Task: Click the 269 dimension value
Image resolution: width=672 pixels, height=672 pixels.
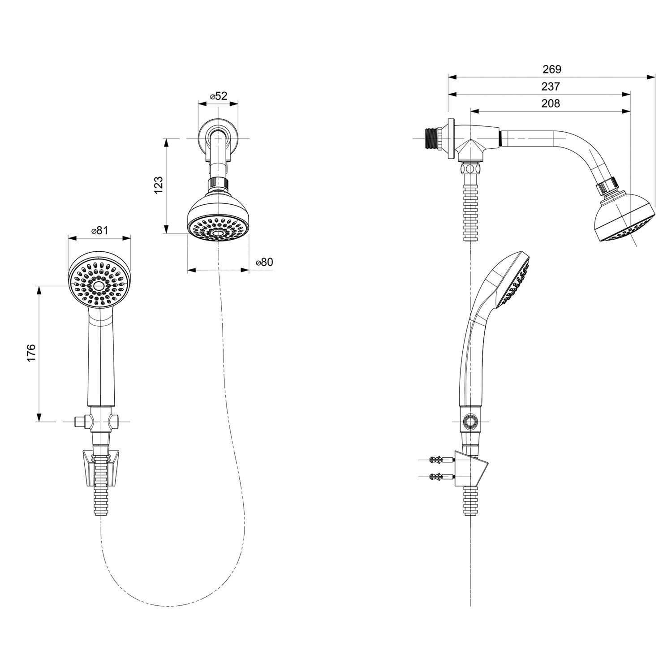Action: (x=551, y=69)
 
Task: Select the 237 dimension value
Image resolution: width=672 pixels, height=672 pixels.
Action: (x=551, y=86)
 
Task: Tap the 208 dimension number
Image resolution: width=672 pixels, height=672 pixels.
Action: (x=551, y=103)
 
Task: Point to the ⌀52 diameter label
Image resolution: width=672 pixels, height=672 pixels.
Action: (x=218, y=96)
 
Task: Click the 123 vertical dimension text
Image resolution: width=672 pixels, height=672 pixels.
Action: (x=159, y=185)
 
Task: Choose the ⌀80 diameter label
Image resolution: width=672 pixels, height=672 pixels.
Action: (x=264, y=262)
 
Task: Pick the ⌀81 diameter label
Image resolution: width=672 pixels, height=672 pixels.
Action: (x=99, y=230)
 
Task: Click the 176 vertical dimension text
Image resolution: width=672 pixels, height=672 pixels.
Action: (x=31, y=353)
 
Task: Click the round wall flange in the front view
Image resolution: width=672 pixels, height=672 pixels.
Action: (x=218, y=137)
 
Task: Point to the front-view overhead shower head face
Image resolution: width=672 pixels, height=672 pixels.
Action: (x=218, y=228)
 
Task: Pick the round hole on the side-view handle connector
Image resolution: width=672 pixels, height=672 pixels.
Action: (x=470, y=422)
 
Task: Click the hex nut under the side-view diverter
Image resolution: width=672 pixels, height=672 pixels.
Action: (x=470, y=169)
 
